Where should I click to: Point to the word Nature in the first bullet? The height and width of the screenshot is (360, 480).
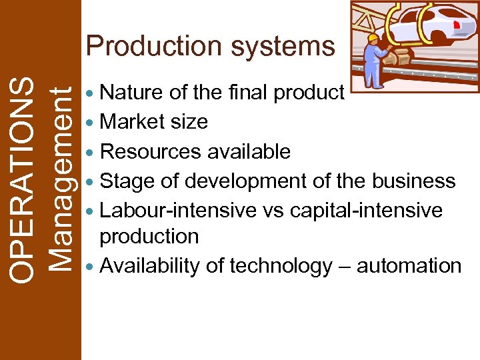coord(131,93)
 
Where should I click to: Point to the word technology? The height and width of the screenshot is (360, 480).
coord(281,265)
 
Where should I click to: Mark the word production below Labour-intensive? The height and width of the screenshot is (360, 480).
coord(149,236)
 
